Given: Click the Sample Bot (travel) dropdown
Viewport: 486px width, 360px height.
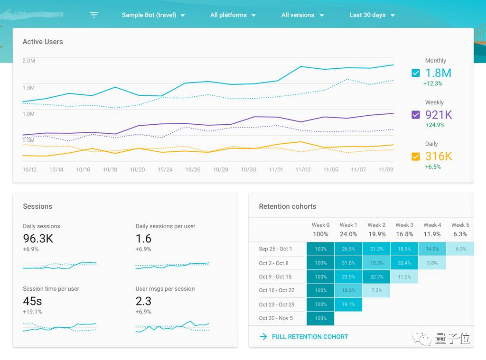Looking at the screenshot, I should point(153,15).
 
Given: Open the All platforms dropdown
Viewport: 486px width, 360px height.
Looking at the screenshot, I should point(233,15).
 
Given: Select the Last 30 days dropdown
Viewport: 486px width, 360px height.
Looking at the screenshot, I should point(372,15).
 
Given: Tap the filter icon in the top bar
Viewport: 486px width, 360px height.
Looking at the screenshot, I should point(94,15).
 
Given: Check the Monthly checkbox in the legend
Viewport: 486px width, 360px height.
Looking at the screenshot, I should point(416,73).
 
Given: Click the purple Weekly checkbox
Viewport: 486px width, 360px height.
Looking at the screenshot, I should point(416,115).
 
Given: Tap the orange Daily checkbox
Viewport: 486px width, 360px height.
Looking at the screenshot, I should point(416,157).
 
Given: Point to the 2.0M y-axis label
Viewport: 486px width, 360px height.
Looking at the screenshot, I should point(29,61).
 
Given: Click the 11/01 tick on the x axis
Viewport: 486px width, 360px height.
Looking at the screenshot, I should point(276,170).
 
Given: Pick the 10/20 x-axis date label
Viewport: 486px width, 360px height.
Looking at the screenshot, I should point(137,170).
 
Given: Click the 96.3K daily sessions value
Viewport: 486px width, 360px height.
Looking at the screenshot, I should point(38,238).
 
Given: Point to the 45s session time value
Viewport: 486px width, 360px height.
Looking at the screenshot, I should point(32,301).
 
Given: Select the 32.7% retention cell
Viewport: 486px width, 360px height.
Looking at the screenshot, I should point(376,277).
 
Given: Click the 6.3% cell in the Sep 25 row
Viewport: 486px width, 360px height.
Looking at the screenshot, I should point(460,249).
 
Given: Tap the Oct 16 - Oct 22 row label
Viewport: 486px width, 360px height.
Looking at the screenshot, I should point(277,291).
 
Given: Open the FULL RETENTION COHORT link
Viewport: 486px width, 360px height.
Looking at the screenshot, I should point(310,337).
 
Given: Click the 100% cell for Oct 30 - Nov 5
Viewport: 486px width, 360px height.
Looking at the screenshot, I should point(320,318).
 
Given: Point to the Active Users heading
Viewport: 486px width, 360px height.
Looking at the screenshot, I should point(43,42).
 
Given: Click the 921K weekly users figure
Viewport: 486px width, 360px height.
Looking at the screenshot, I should point(439,115).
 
